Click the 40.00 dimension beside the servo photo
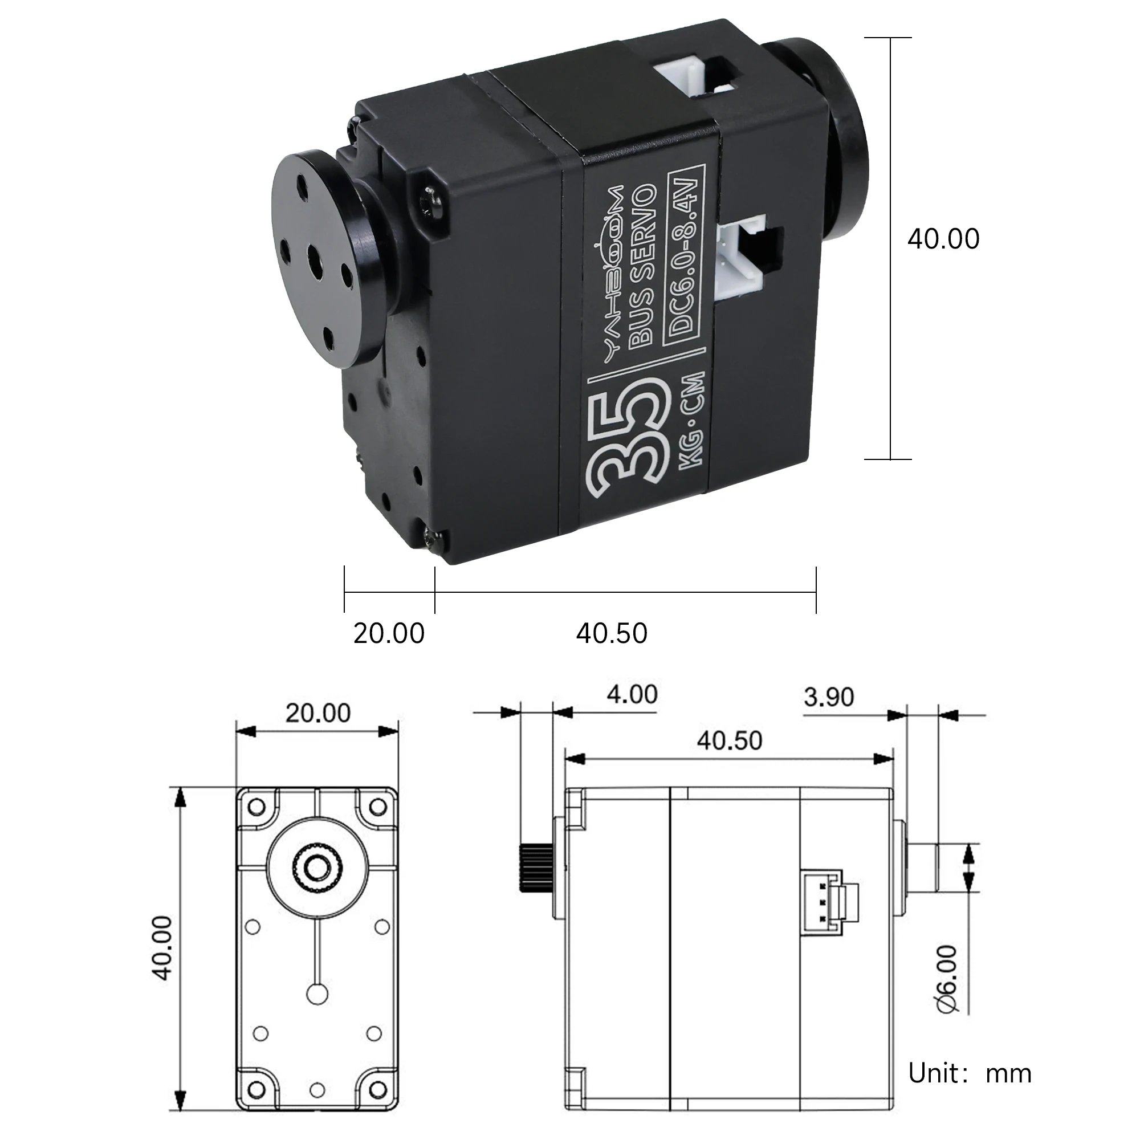pos(943,239)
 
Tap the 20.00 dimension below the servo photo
pos(389,633)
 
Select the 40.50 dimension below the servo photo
pos(611,633)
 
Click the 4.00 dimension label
pos(632,694)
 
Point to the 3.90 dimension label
pos(828,697)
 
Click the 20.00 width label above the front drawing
pos(317,713)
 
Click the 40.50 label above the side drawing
pos(730,740)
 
